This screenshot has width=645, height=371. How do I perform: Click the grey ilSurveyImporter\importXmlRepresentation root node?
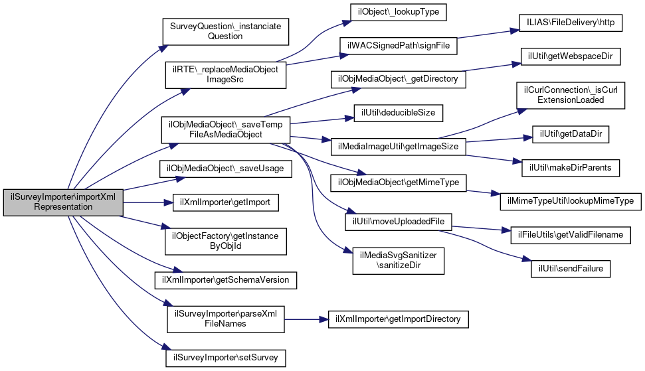point(63,202)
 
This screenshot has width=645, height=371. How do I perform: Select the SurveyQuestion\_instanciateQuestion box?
point(225,32)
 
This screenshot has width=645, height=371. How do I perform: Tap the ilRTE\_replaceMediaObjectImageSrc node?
point(225,75)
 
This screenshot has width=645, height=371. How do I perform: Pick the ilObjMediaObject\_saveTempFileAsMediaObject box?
point(225,130)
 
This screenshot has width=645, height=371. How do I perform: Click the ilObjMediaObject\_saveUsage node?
point(225,169)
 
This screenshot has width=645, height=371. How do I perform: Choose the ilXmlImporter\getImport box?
point(225,202)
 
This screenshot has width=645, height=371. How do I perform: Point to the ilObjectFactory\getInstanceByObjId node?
point(225,241)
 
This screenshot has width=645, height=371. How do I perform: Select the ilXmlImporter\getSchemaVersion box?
point(225,280)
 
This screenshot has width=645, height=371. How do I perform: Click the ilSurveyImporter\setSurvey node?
point(225,358)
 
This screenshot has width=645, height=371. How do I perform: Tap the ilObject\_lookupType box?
point(398,12)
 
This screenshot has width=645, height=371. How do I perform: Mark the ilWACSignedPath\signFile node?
point(398,46)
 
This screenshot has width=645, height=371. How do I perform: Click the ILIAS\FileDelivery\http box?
point(571,23)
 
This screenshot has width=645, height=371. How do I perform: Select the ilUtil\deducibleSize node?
point(398,113)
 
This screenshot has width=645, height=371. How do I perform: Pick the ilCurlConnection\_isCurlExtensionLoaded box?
point(571,96)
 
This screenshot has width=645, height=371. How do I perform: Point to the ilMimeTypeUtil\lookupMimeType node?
point(571,201)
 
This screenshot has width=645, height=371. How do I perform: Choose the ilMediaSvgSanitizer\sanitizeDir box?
point(398,260)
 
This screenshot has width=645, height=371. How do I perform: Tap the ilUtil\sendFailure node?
point(571,269)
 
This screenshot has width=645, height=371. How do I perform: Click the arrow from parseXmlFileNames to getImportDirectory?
point(306,319)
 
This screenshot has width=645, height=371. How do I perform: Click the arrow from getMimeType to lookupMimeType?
point(484,192)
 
